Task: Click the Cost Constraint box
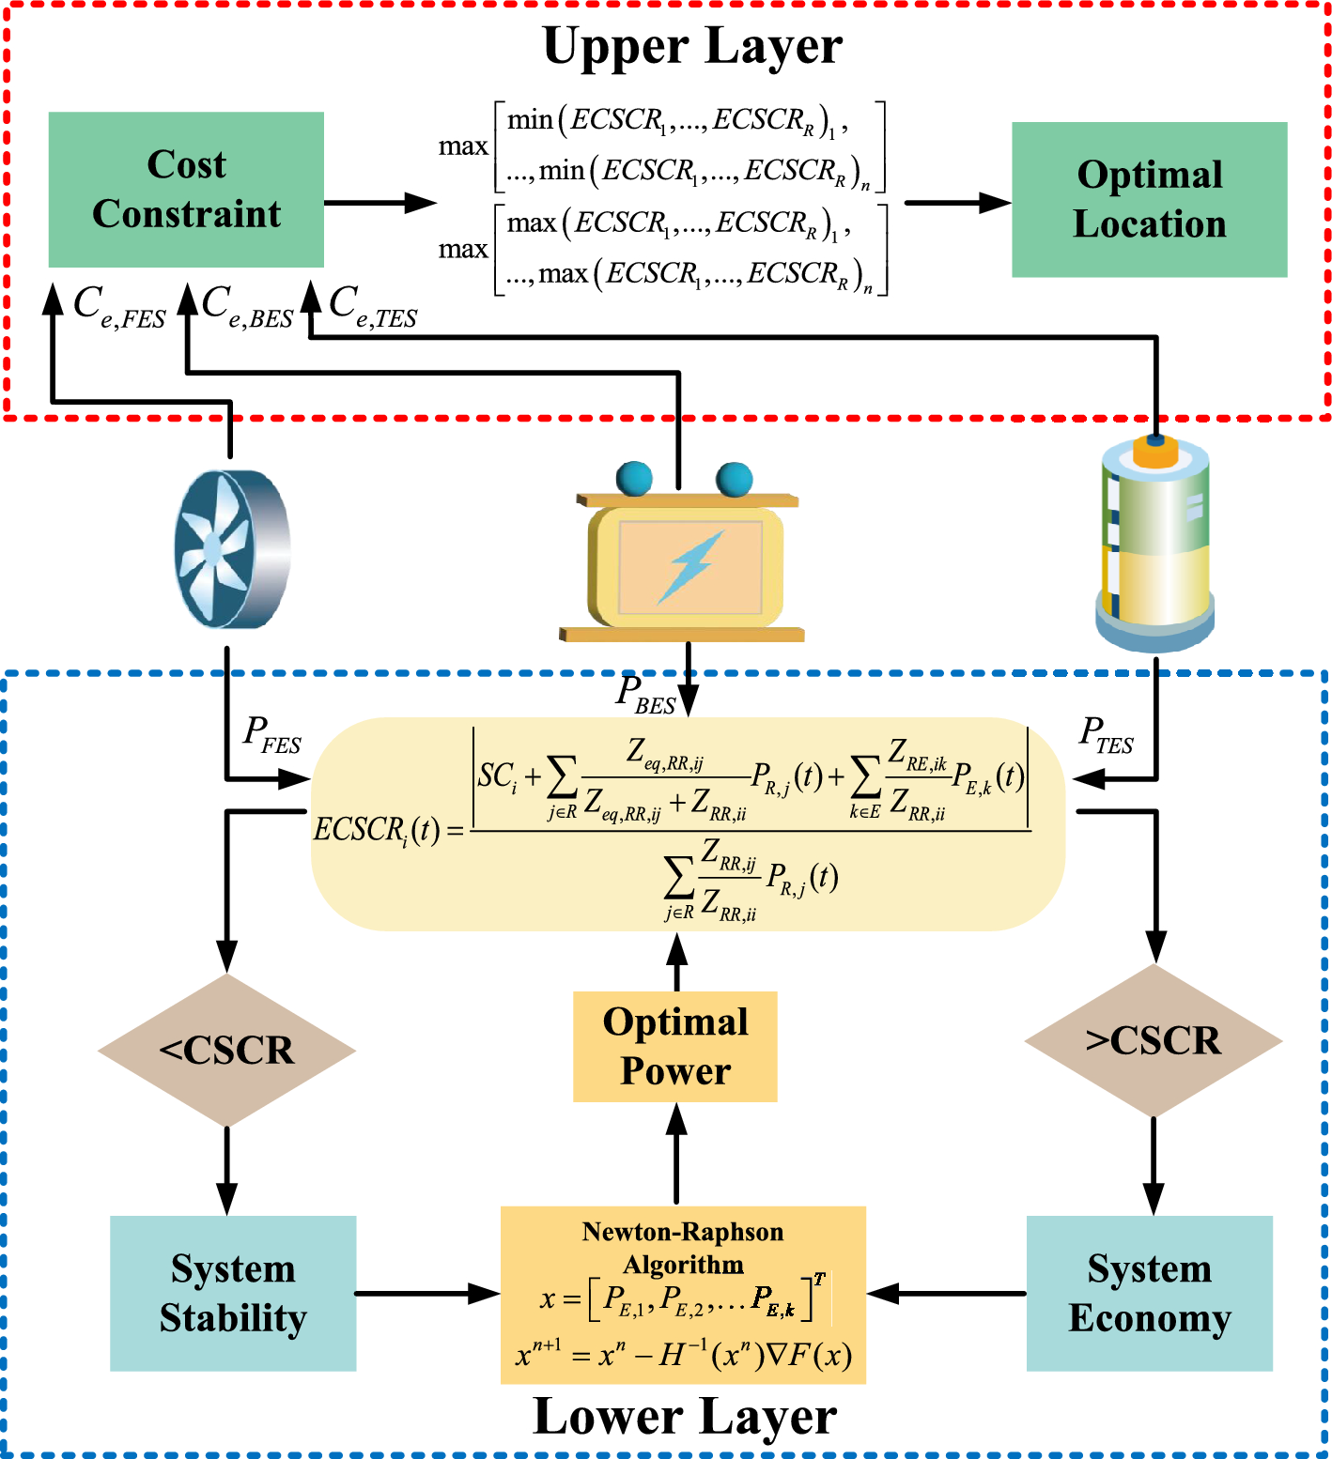(x=186, y=190)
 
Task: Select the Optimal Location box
(x=1149, y=199)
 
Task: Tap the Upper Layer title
(x=692, y=46)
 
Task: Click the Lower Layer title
(x=685, y=1417)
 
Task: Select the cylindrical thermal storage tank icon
(x=1154, y=545)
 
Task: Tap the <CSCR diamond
(x=226, y=1050)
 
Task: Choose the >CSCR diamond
(x=1154, y=1041)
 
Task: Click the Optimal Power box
(x=675, y=1046)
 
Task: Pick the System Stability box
(x=233, y=1293)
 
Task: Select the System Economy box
(x=1149, y=1293)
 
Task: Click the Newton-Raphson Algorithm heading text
(x=683, y=1248)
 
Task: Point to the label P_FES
(x=271, y=734)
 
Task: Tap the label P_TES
(x=1107, y=734)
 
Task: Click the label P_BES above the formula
(x=645, y=695)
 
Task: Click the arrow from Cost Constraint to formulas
(x=380, y=202)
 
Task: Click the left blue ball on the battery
(x=634, y=478)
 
